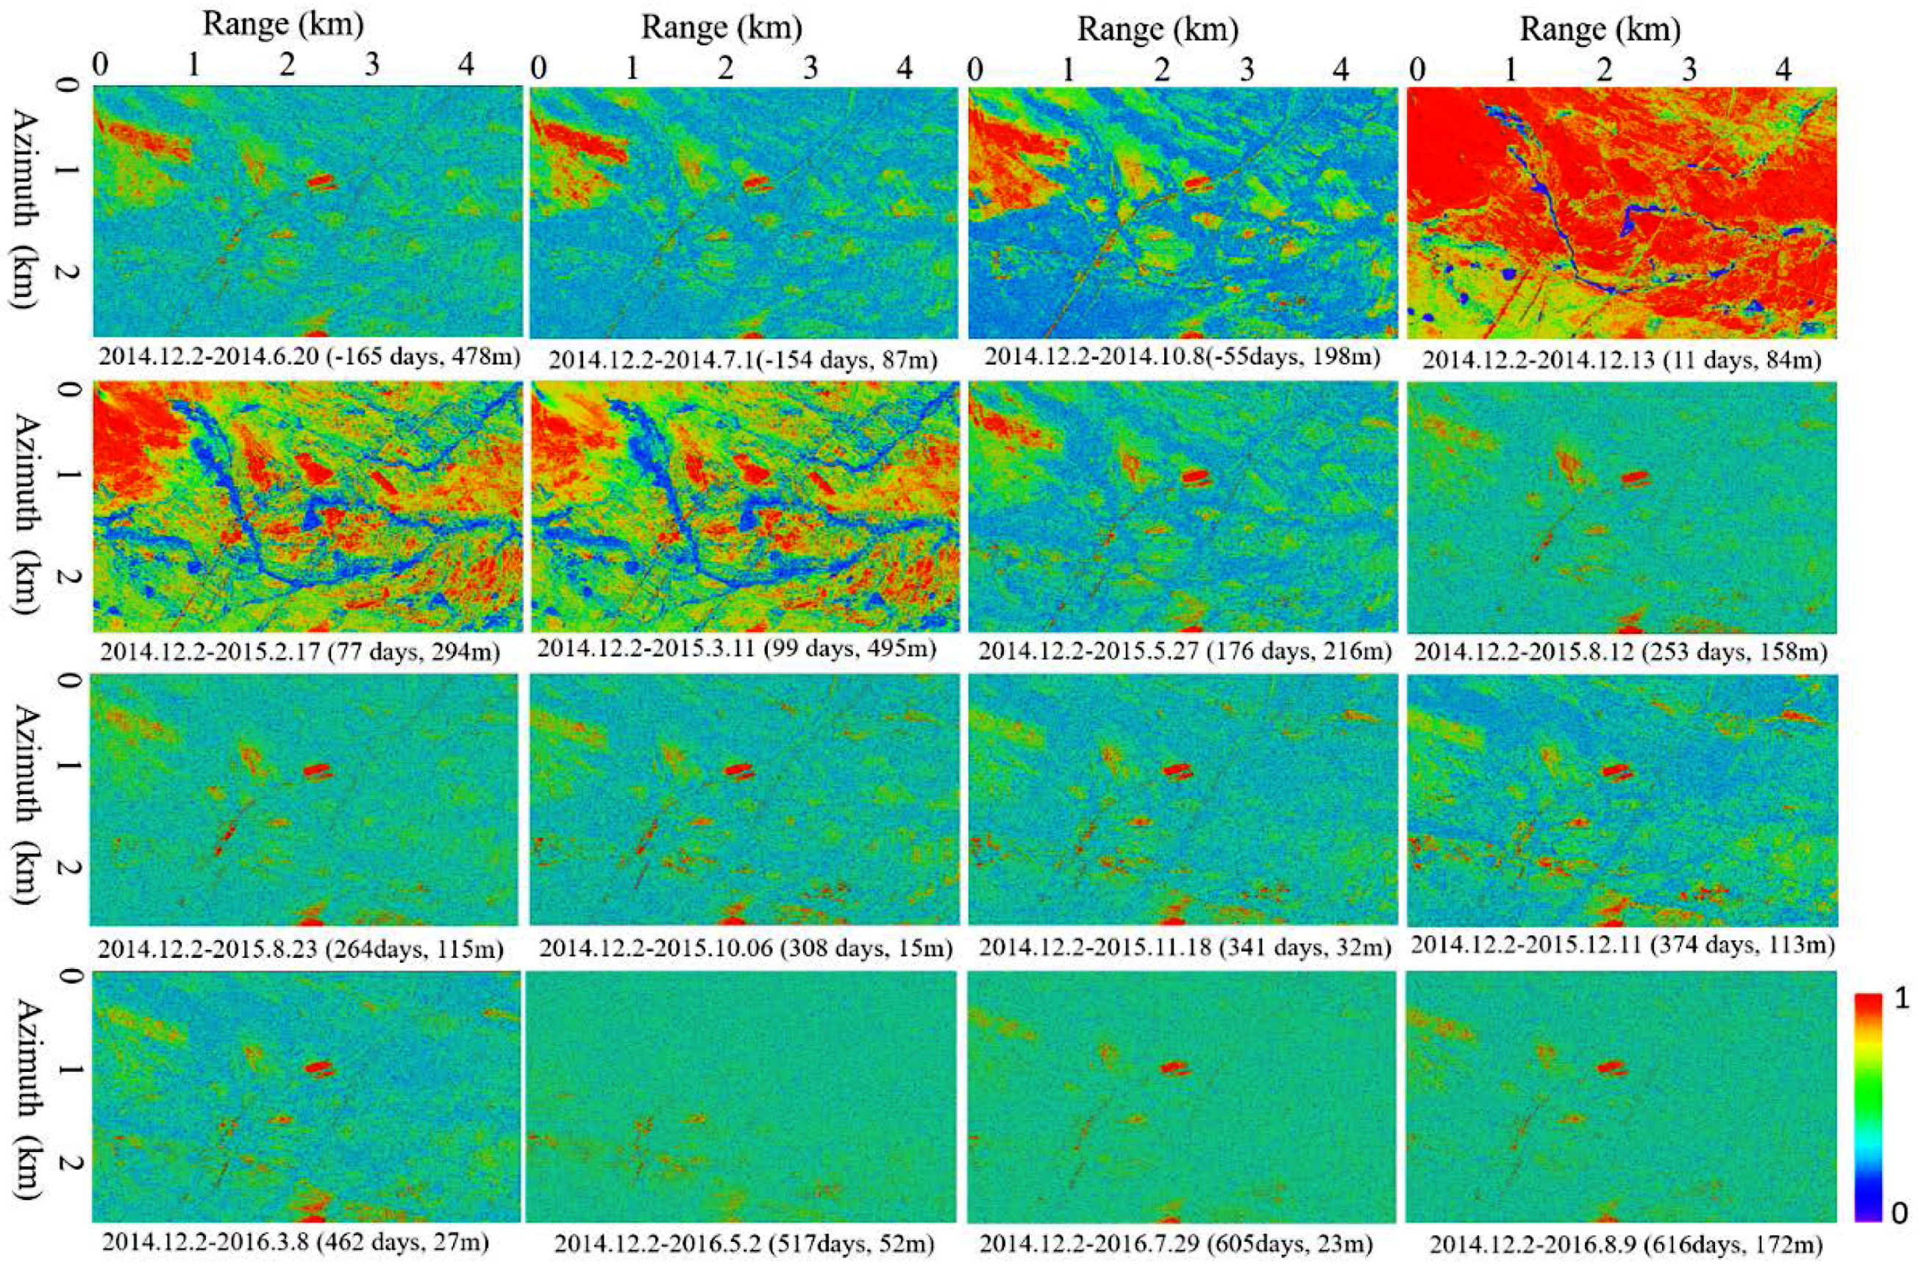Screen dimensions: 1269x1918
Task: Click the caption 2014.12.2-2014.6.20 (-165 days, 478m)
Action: pyautogui.click(x=308, y=356)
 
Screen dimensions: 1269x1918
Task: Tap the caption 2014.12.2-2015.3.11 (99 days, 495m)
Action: pyautogui.click(x=736, y=650)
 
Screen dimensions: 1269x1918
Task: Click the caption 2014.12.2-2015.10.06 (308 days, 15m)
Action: pyautogui.click(x=745, y=946)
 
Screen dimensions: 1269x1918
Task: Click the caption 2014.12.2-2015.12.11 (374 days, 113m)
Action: pyautogui.click(x=1621, y=945)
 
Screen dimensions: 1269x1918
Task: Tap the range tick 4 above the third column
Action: pyautogui.click(x=1341, y=69)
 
